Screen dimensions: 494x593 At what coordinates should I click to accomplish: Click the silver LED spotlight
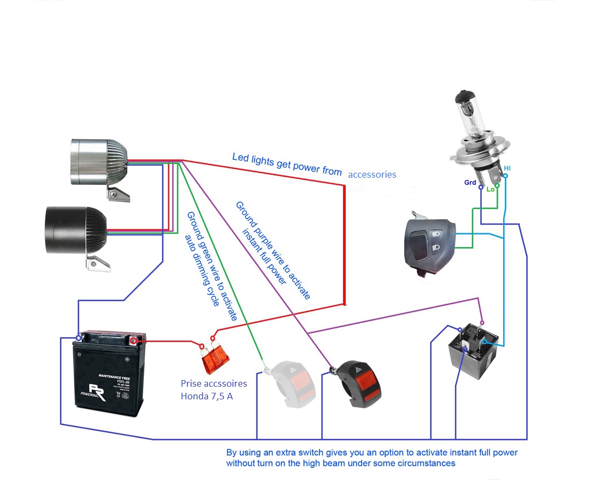pos(99,162)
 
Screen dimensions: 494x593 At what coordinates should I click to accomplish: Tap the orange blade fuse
pos(215,357)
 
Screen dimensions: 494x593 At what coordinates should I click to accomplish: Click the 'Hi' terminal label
pos(507,167)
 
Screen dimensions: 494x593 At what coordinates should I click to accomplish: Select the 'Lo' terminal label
pos(490,189)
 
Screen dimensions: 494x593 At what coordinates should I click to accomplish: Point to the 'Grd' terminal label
pos(470,182)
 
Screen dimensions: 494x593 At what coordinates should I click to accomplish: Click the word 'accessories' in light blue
pos(372,174)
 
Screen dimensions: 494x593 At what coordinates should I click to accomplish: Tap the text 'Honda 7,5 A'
pos(206,396)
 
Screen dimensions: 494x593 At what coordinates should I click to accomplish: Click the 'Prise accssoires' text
pos(214,383)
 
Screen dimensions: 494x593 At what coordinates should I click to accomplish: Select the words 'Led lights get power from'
pos(286,164)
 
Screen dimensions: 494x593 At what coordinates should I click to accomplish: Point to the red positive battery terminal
pos(134,341)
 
